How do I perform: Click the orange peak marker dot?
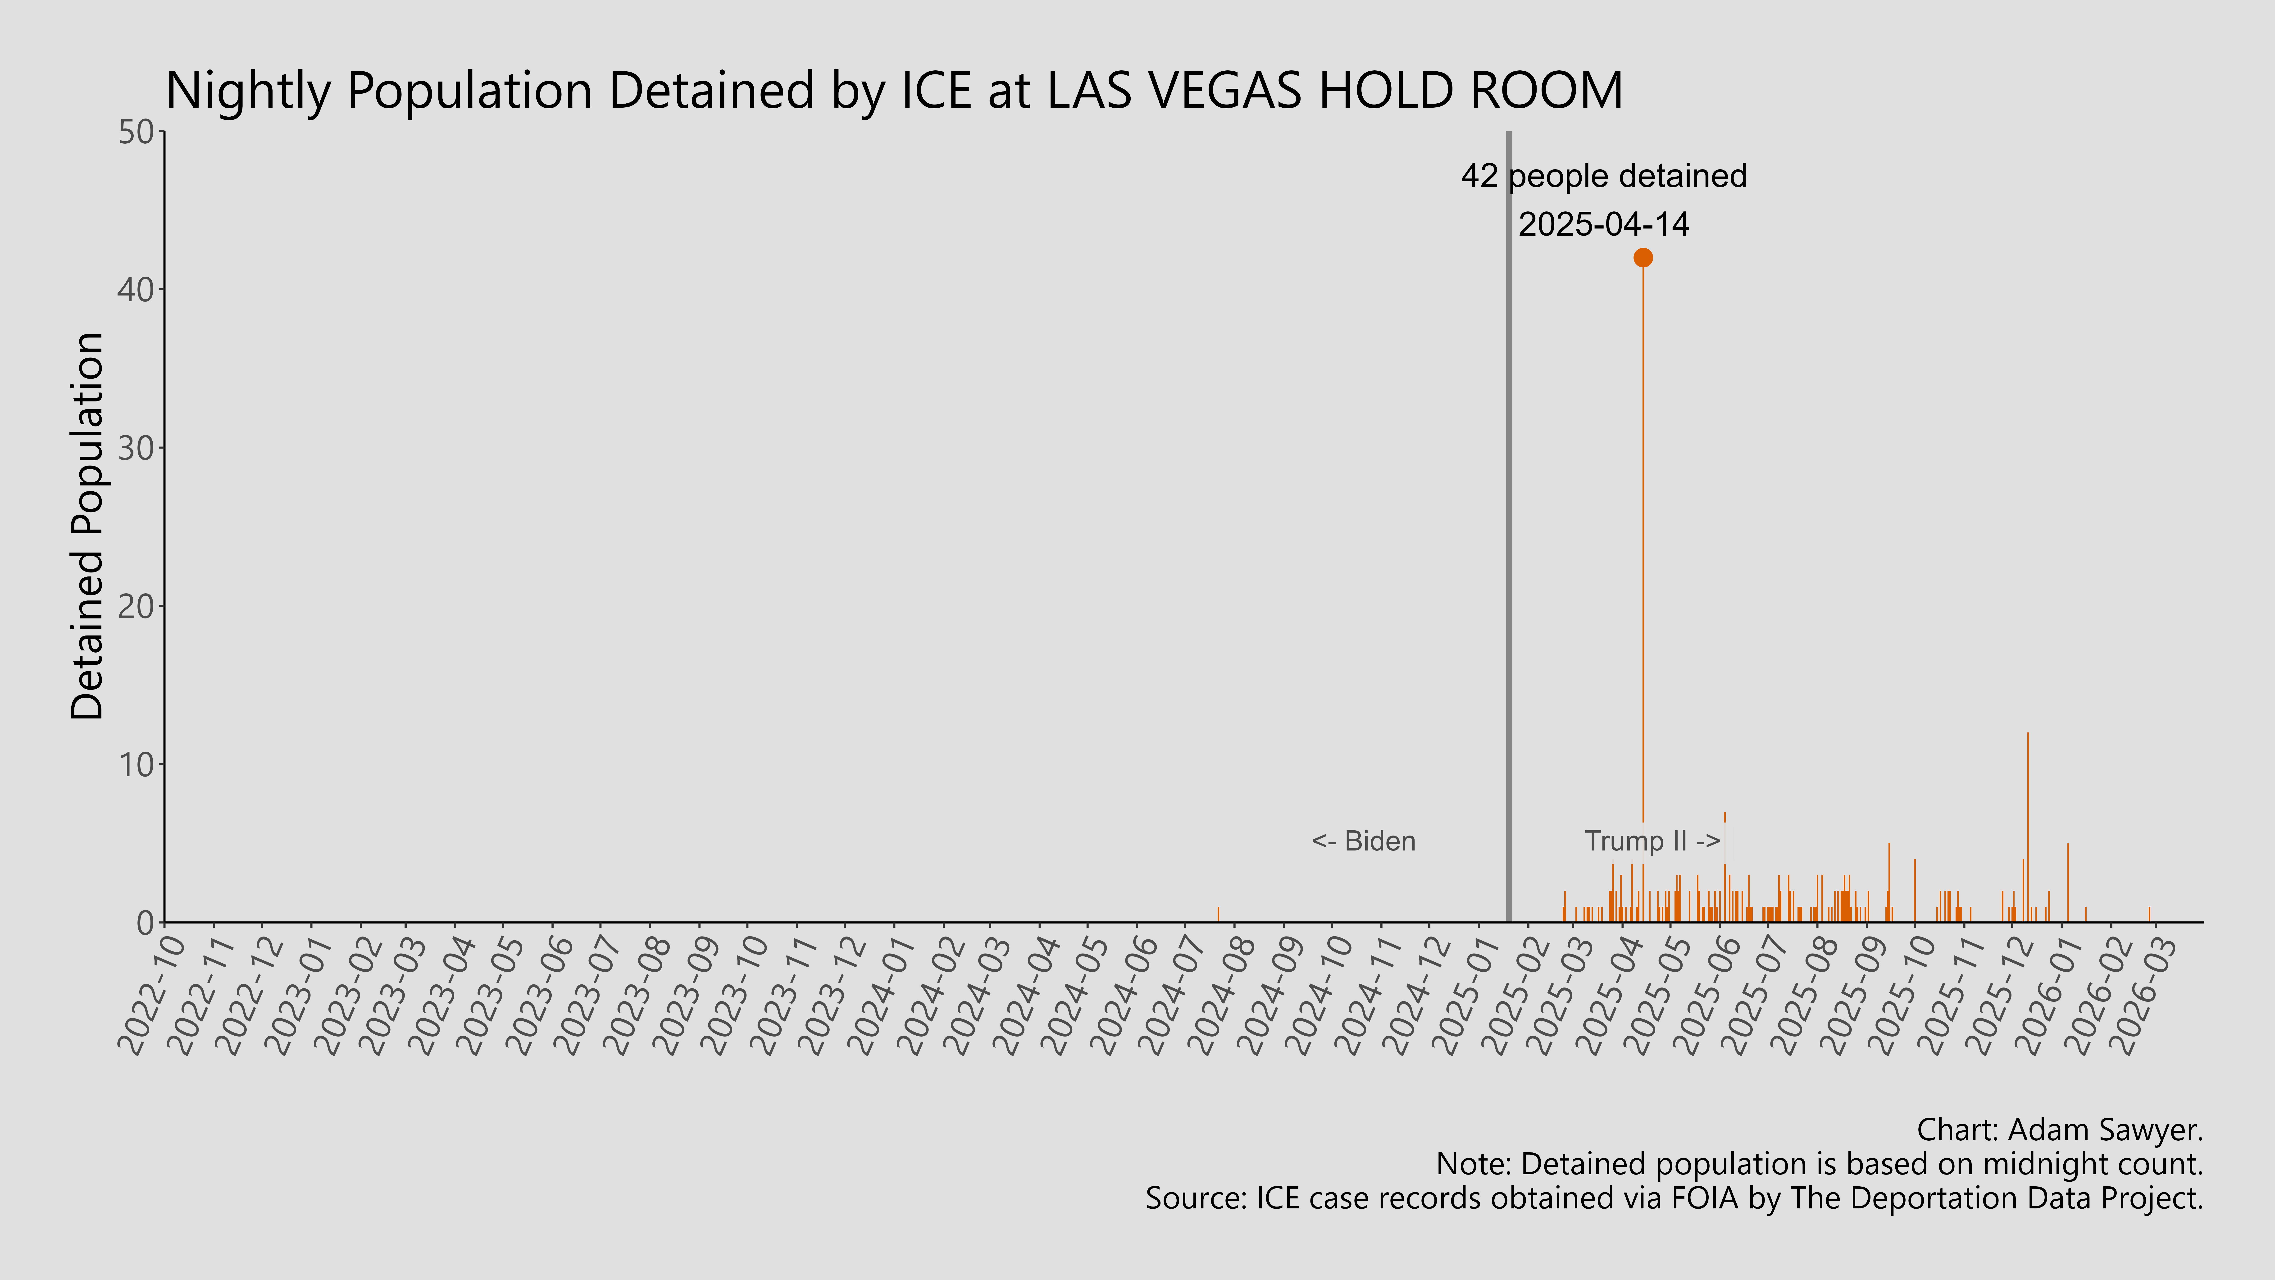pyautogui.click(x=1643, y=257)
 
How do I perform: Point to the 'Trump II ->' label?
pyautogui.click(x=1652, y=841)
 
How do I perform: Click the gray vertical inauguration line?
pyautogui.click(x=1508, y=530)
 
